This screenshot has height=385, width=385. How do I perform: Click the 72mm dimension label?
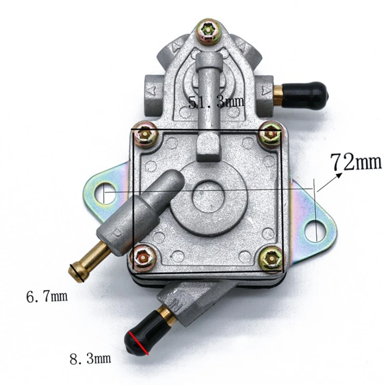click(x=356, y=162)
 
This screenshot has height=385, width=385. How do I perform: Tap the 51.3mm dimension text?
click(x=216, y=102)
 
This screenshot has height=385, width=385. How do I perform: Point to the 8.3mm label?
click(x=90, y=358)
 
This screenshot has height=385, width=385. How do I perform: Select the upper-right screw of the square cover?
click(x=269, y=135)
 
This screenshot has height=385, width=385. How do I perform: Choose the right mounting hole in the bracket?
click(x=316, y=228)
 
